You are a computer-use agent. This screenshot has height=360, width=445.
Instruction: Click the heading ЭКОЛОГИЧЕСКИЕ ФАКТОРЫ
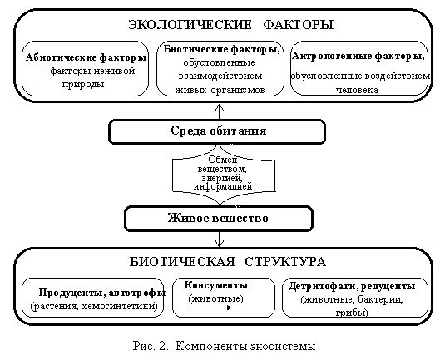[x=231, y=24]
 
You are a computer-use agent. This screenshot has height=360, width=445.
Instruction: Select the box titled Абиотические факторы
[x=85, y=69]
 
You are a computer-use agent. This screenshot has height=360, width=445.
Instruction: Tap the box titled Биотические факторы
[x=220, y=69]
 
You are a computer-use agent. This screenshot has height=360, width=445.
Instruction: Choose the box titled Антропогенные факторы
[x=359, y=69]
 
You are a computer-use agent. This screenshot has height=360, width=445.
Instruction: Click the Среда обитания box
[x=217, y=131]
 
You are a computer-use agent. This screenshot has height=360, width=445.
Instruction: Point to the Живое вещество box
[x=219, y=219]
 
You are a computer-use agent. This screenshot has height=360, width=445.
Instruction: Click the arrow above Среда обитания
[x=220, y=111]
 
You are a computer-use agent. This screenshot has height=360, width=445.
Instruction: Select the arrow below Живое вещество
[x=220, y=239]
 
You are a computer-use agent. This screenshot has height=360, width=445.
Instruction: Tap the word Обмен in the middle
[x=223, y=160]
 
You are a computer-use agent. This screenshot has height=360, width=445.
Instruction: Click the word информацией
[x=223, y=187]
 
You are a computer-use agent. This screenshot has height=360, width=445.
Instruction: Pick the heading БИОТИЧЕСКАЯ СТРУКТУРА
[x=228, y=262]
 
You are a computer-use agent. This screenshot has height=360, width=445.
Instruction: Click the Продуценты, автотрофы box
[x=93, y=298]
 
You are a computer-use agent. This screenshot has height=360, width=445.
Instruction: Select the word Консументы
[x=216, y=285]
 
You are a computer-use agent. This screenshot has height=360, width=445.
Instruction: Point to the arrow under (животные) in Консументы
[x=211, y=308]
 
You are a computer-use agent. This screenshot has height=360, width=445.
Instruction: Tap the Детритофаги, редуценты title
[x=352, y=286]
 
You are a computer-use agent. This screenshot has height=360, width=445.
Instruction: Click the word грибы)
[x=352, y=313]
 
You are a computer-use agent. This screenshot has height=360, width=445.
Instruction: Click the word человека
[x=357, y=91]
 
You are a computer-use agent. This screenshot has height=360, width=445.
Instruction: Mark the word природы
[x=83, y=85]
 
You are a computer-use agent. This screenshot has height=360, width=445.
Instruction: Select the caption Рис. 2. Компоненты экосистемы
[x=225, y=346]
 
